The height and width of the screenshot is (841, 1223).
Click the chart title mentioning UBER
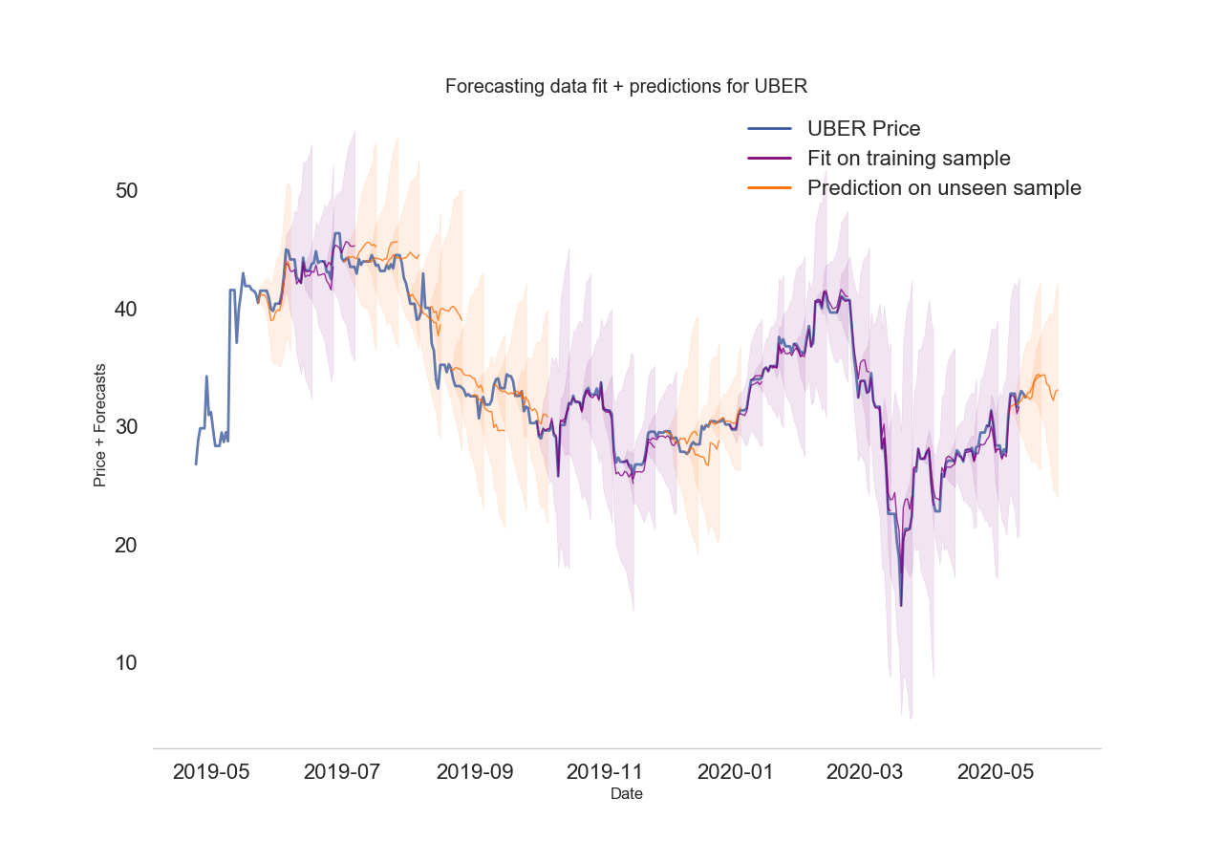coord(627,86)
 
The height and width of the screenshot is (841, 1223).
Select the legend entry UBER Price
coord(863,128)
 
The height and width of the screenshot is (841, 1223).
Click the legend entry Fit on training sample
coord(908,158)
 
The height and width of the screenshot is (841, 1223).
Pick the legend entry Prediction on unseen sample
coord(943,187)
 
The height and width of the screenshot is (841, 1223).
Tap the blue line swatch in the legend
coord(770,128)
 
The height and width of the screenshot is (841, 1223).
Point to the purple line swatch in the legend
coord(770,158)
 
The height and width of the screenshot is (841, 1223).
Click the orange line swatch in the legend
coord(770,187)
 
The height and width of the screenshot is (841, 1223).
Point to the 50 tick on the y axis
coord(126,190)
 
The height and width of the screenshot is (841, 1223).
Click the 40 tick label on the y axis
coord(126,309)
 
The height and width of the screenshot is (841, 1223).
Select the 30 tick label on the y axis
coord(126,426)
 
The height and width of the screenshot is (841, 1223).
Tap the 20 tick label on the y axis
coord(126,545)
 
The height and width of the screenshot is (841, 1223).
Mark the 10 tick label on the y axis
coord(126,662)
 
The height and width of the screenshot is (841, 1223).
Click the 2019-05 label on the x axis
coord(211,771)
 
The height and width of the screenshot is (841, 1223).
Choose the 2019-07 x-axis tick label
coord(342,771)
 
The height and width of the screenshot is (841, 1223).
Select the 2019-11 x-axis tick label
coord(605,771)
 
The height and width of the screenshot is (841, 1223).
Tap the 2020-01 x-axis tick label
coord(736,771)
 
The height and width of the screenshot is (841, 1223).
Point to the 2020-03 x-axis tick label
coord(865,771)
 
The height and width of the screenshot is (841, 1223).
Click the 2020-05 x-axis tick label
coord(996,771)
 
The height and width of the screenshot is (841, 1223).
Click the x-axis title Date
coord(627,794)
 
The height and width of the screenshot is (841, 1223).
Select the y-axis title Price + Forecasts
coord(99,425)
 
